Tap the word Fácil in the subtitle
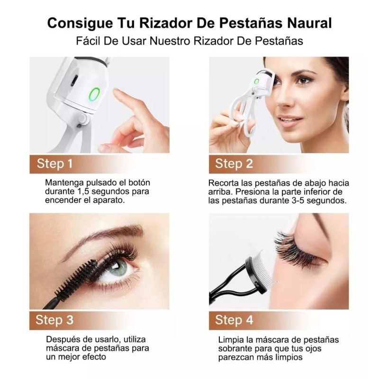(88, 40)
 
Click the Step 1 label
(55, 164)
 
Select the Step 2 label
(234, 164)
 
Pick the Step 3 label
(55, 320)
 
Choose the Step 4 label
(234, 320)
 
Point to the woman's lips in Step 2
(291, 118)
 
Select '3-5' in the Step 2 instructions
(302, 200)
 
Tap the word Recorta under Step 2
(224, 182)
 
